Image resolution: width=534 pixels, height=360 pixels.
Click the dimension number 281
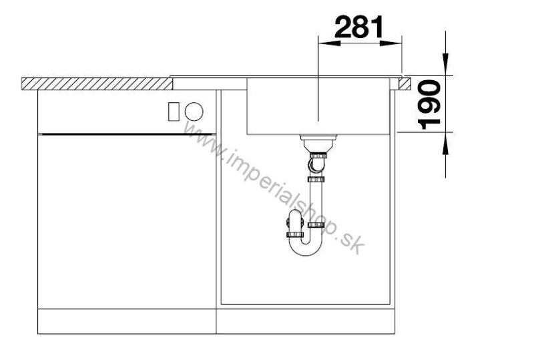pos(358,29)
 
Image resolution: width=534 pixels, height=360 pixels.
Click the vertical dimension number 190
pos(428,103)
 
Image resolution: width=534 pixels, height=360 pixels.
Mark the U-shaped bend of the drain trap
pos(305,248)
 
